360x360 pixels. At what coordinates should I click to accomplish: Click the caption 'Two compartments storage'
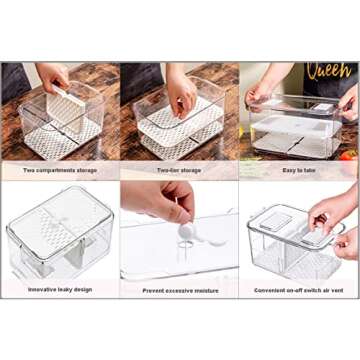click(x=60, y=171)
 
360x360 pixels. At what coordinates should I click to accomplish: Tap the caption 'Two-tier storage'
click(x=180, y=171)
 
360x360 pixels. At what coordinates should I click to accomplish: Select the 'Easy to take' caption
click(x=299, y=171)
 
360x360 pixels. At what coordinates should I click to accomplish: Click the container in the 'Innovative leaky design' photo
click(x=60, y=235)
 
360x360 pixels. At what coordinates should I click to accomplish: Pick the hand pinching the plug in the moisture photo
click(x=160, y=205)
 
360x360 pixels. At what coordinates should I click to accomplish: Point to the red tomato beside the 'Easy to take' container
click(x=349, y=155)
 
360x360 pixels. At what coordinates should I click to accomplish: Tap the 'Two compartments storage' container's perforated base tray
click(x=60, y=140)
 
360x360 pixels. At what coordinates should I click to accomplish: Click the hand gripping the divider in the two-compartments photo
click(x=52, y=78)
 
